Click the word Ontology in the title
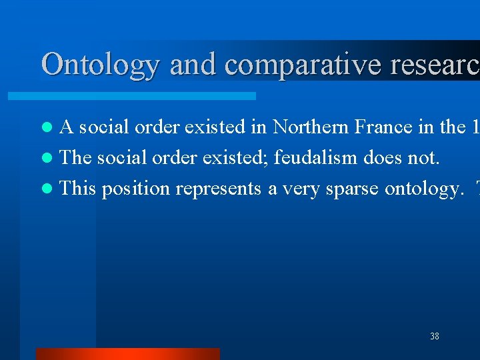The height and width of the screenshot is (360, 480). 101,65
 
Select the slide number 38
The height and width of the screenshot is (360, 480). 435,336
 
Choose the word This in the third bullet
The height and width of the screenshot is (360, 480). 78,189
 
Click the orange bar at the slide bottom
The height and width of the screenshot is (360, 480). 127,354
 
